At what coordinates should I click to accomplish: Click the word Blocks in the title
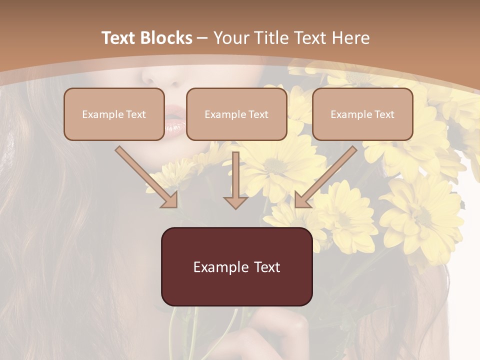(x=167, y=38)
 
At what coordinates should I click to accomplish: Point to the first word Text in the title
(x=119, y=38)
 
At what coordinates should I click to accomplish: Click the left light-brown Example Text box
(x=114, y=114)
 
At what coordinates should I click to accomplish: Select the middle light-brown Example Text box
(x=236, y=114)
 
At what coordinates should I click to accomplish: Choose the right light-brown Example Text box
(x=362, y=114)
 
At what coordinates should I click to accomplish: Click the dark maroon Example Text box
(x=236, y=266)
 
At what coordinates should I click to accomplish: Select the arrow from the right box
(x=325, y=177)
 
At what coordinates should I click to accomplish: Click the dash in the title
(x=202, y=38)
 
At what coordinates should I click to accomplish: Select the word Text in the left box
(x=135, y=114)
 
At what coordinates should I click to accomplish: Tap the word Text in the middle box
(x=258, y=114)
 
